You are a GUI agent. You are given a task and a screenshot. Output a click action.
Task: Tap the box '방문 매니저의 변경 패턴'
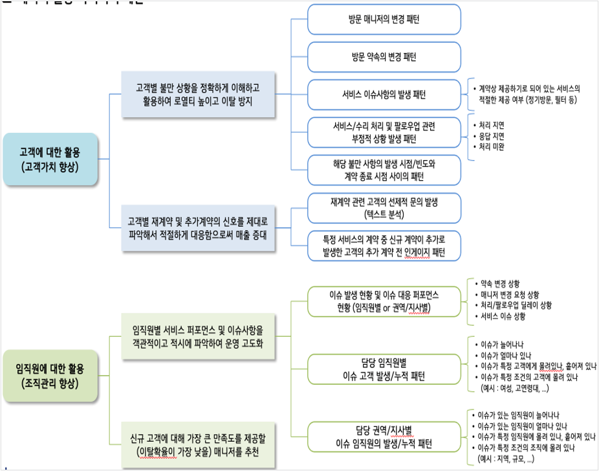click(384, 19)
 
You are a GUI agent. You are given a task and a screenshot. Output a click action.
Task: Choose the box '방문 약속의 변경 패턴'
click(384, 57)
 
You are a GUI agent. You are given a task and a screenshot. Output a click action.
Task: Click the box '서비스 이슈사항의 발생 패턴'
click(384, 95)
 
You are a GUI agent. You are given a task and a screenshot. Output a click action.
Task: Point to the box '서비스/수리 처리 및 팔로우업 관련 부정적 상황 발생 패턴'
click(384, 132)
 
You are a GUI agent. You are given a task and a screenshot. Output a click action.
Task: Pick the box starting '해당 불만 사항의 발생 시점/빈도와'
click(384, 170)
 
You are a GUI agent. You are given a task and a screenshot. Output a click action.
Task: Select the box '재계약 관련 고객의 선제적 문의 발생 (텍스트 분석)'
click(384, 207)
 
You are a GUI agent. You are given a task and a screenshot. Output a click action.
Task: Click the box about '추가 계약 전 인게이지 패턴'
click(384, 246)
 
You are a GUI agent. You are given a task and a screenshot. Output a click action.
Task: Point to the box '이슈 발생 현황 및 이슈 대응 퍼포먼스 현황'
click(384, 301)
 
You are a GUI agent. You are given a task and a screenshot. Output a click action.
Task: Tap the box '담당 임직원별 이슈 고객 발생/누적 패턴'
click(384, 370)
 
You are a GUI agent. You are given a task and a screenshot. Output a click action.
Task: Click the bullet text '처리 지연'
click(492, 125)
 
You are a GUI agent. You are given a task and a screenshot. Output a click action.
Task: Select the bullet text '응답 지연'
click(492, 136)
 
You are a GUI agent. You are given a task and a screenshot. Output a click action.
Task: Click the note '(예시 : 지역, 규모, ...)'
click(505, 459)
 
